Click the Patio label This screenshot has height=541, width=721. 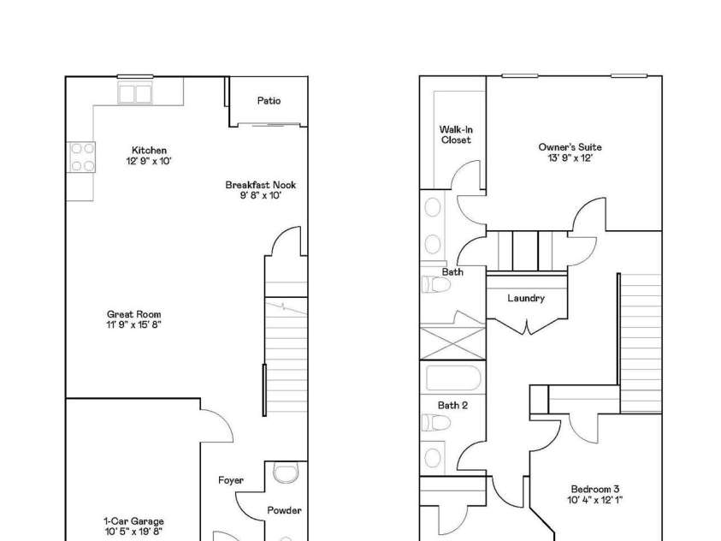[269, 101]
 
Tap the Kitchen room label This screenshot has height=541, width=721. [149, 151]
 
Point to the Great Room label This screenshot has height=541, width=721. [133, 315]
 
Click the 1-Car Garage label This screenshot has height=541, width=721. [133, 520]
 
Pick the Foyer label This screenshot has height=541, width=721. [231, 480]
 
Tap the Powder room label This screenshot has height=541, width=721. [284, 510]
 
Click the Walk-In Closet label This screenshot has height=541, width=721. [456, 134]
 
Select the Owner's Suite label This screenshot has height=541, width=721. [570, 147]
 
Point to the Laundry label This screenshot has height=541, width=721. [526, 298]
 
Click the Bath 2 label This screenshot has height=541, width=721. [452, 405]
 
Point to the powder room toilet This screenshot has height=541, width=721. [283, 474]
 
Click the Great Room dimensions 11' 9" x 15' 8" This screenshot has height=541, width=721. [133, 325]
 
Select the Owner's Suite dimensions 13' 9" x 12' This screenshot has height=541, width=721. [570, 158]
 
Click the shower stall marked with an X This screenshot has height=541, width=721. [452, 340]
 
